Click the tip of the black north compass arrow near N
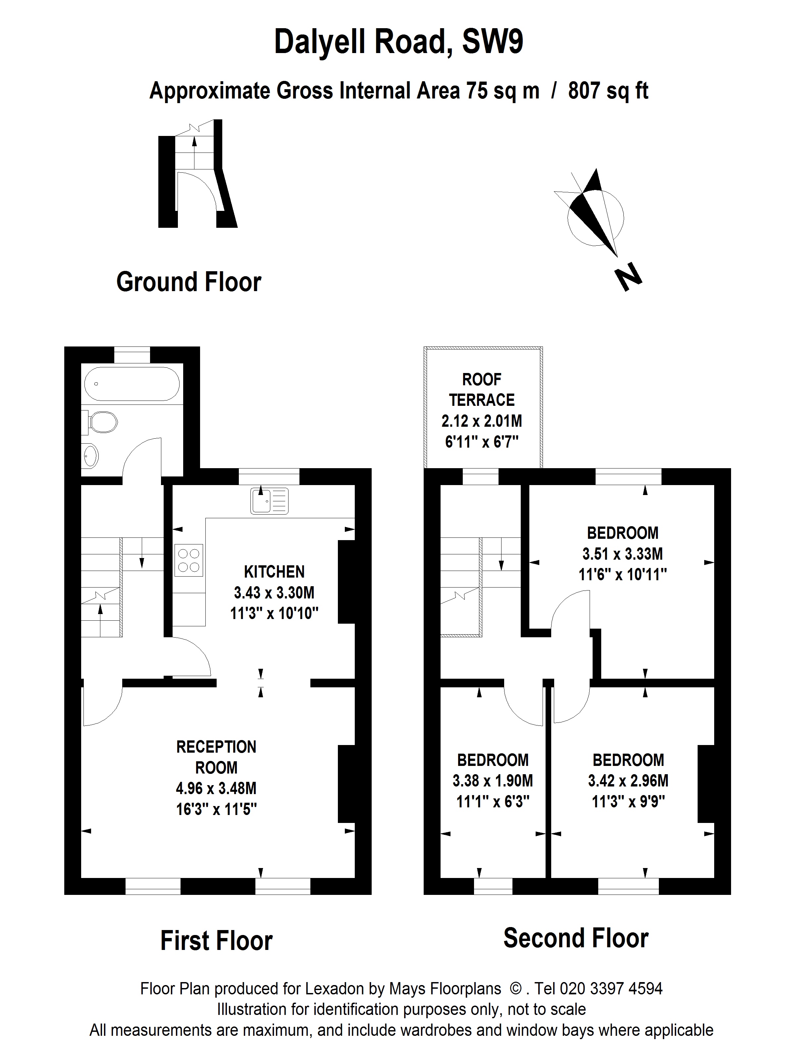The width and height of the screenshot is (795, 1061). click(x=617, y=257)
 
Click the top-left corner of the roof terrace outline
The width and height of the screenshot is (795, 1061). click(x=424, y=347)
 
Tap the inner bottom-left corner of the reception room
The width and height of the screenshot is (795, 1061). click(x=81, y=877)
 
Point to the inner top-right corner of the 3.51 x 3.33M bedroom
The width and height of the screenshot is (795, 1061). click(x=714, y=485)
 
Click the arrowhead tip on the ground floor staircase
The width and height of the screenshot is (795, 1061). click(x=194, y=137)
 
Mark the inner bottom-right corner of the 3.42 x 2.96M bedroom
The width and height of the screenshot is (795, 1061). click(x=714, y=877)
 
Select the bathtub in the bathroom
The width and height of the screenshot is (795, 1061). click(x=132, y=384)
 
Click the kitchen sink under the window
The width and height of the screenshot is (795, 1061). click(x=269, y=501)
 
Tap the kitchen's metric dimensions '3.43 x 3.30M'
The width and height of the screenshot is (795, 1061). click(x=274, y=593)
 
